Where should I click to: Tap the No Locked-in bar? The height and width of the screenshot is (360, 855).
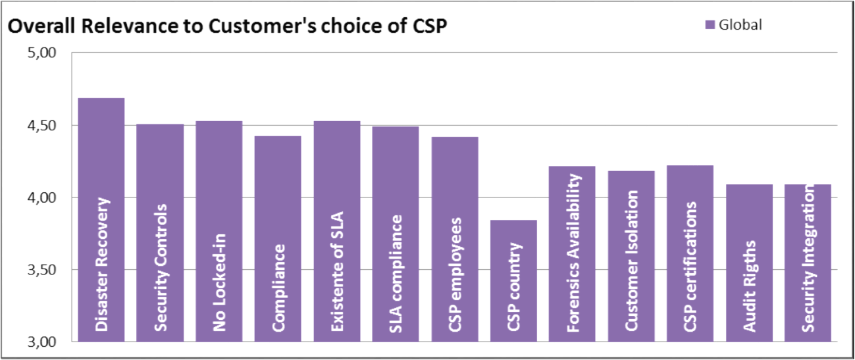(x=219, y=231)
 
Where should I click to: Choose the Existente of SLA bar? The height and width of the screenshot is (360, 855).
(x=336, y=231)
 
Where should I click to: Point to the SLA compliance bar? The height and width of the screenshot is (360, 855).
(x=396, y=234)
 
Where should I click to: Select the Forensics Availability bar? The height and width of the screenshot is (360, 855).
(x=573, y=253)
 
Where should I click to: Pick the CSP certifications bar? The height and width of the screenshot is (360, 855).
(x=690, y=253)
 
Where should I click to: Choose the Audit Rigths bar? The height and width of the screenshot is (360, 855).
(x=749, y=263)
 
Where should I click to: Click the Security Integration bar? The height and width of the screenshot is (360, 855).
(x=808, y=263)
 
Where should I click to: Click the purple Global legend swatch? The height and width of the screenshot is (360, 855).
(x=710, y=25)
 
